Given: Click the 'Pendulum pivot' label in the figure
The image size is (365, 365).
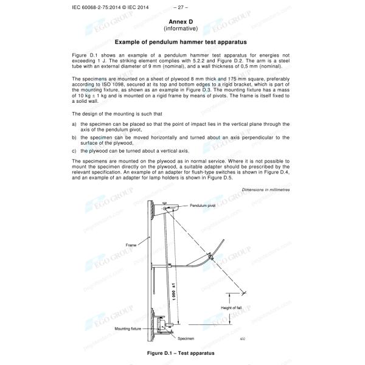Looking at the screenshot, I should (188, 206).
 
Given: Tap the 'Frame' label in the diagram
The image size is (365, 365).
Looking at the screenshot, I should (131, 245).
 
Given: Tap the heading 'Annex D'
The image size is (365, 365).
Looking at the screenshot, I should (182, 21).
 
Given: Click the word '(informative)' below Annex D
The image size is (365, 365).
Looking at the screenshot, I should (182, 29).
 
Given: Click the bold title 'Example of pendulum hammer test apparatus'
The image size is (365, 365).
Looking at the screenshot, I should (182, 43).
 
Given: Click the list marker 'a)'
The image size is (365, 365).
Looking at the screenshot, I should (74, 123).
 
